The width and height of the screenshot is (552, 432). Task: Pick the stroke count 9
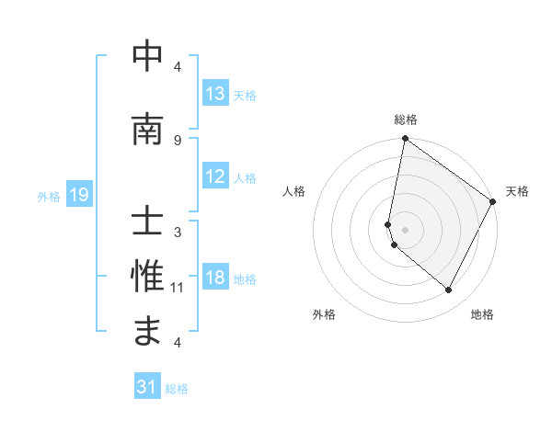point(177,140)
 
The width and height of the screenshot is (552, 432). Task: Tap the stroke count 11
point(178,288)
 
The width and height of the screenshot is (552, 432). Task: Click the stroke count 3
point(177,233)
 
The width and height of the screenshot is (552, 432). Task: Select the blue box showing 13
point(215,94)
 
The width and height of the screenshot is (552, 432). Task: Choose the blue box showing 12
point(215,177)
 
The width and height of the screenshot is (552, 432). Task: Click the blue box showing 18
point(215,279)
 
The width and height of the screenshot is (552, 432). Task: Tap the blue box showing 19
point(79,195)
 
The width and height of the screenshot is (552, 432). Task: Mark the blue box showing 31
point(147,388)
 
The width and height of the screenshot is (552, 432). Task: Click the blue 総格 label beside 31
point(177,389)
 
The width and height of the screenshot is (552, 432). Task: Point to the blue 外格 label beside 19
point(49,196)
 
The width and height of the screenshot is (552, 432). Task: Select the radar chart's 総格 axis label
point(406,119)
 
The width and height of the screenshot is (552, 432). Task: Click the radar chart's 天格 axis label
point(517,191)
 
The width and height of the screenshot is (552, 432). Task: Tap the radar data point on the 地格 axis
point(449,290)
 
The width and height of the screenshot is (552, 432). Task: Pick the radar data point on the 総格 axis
point(405,139)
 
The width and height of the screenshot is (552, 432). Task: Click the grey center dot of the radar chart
point(405,230)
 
